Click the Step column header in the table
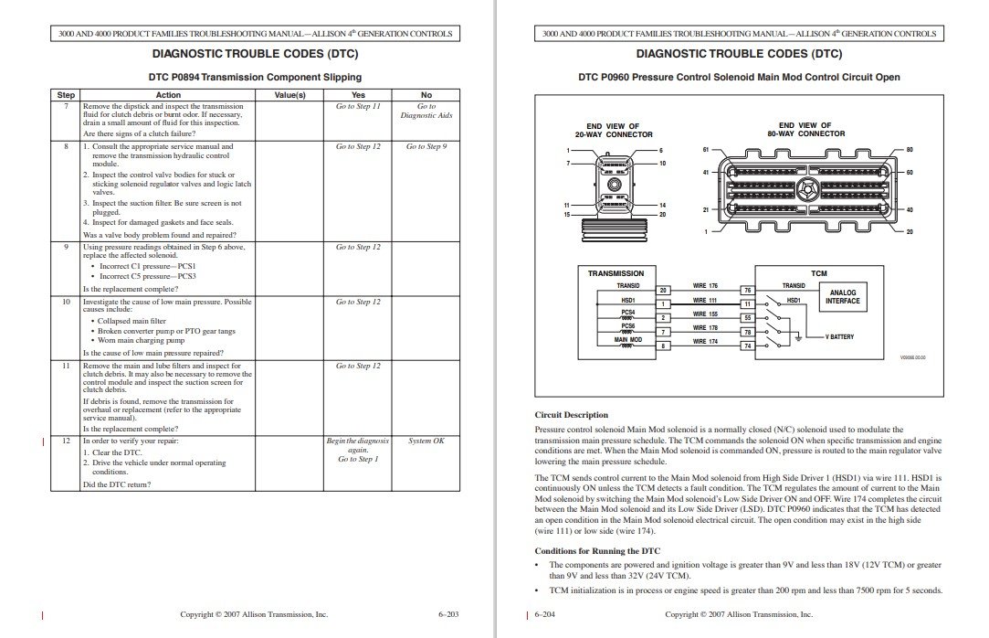[x=66, y=94]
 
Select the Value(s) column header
[x=289, y=94]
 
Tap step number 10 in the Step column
[x=66, y=302]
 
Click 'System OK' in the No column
[x=426, y=441]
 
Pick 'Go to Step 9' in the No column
[x=426, y=146]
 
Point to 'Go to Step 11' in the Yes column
[x=358, y=106]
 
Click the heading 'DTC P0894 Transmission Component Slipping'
[x=255, y=77]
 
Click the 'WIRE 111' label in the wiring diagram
[x=705, y=300]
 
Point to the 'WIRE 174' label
[x=705, y=341]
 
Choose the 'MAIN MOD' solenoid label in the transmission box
[x=627, y=340]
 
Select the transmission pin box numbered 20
[x=664, y=290]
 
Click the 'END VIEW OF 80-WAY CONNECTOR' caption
[x=805, y=129]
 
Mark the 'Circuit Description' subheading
[x=571, y=414]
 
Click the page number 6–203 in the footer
[x=447, y=615]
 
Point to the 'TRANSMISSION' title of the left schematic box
[x=615, y=273]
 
